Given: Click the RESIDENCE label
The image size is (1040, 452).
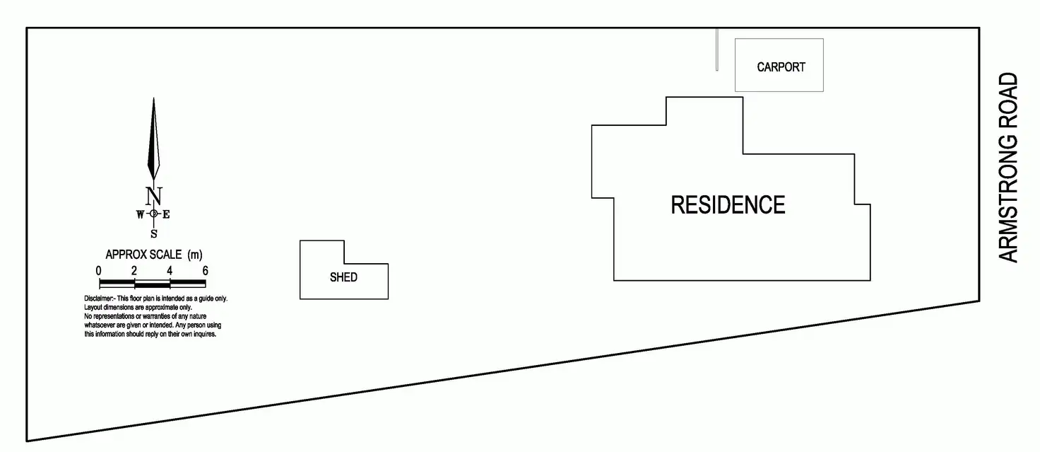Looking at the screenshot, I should coord(728,205).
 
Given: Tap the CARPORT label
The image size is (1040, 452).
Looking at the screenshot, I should coord(781,67).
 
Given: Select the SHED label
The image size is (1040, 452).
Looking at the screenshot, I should coord(343,277).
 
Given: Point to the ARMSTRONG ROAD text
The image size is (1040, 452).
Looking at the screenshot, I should coord(1010,168).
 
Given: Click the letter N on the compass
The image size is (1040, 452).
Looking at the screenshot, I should coord(153,195).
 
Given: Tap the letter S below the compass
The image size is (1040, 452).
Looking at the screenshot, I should coord(153,234).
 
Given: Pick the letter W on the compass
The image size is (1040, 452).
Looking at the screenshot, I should coord(140,214).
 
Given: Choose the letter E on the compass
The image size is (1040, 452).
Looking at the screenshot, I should coord(167,214).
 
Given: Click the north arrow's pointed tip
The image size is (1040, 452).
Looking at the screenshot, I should coord(153,100).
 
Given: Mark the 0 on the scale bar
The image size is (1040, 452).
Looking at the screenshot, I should coord(99,270).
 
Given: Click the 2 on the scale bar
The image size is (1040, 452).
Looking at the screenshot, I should coord(134,270).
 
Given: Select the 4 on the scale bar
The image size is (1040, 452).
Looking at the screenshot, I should coord(170,270).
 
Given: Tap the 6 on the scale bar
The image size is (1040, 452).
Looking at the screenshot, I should coord(205,270).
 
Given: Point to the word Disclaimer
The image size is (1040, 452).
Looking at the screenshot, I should coord(100,299).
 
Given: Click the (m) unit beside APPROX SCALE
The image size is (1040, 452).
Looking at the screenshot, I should coord(195,254).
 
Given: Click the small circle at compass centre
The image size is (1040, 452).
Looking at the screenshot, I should coord(153,214).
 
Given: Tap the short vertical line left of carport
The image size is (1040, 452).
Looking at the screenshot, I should coord(717,49).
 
